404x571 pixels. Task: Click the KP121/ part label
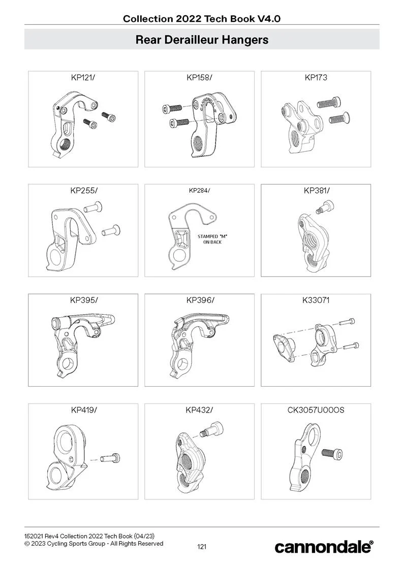[83, 78]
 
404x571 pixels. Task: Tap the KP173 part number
[316, 78]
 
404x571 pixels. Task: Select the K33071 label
[316, 300]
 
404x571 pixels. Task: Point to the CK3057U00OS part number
[316, 411]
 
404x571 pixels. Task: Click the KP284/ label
[199, 190]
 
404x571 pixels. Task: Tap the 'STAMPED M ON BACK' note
[210, 239]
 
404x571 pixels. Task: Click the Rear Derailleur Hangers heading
[202, 39]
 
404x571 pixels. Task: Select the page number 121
[202, 547]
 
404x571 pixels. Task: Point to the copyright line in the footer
[94, 544]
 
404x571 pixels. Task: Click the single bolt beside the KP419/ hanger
[110, 458]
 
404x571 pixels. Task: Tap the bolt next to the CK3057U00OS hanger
[332, 454]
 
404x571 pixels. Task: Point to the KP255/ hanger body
[72, 239]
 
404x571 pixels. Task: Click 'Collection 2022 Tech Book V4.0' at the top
[202, 19]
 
